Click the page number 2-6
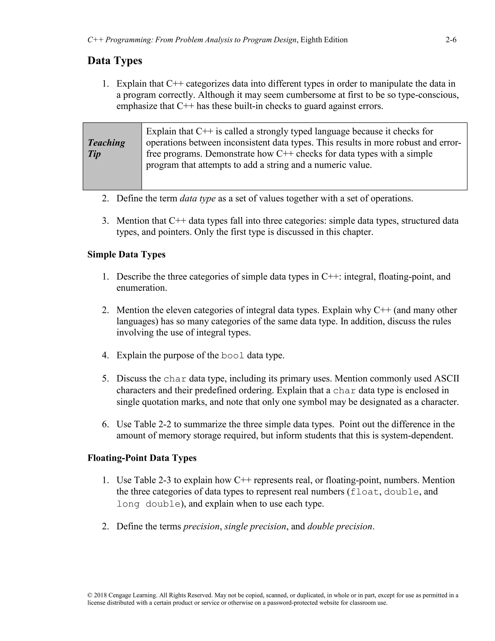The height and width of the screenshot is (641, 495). click(451, 40)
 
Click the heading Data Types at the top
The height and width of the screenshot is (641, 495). click(115, 61)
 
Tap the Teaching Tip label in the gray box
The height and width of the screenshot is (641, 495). click(106, 148)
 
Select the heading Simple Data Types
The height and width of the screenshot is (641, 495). click(126, 254)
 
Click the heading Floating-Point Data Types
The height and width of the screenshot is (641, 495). click(142, 458)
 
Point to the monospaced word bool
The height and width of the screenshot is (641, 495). click(233, 356)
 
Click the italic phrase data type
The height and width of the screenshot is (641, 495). click(198, 198)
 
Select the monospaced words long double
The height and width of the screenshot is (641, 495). click(148, 504)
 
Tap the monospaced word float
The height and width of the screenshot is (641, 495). click(364, 492)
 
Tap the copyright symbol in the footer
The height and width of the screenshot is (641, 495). click(90, 596)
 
